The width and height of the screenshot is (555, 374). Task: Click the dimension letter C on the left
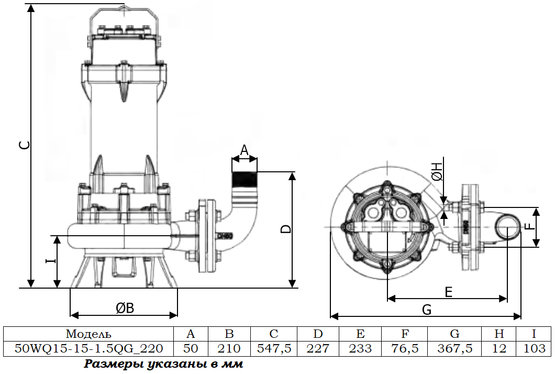(x=24, y=145)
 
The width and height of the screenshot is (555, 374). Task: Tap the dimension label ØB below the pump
(x=125, y=308)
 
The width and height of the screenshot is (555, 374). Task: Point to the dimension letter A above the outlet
(x=244, y=150)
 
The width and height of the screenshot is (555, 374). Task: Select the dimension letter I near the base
(x=51, y=261)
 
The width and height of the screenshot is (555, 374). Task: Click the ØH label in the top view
(x=438, y=172)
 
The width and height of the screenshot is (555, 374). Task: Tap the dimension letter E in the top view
(x=449, y=292)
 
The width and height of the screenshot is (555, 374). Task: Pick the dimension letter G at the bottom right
(x=427, y=310)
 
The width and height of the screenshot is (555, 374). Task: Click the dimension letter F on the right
(x=529, y=225)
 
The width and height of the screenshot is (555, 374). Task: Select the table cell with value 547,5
(x=274, y=348)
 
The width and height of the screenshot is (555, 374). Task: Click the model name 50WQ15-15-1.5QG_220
(x=89, y=348)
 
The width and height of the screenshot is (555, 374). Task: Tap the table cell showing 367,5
(x=454, y=348)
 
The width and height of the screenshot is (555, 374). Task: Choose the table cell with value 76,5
(x=405, y=348)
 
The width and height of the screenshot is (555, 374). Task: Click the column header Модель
(x=88, y=334)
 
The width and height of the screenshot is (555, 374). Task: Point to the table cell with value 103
(x=534, y=348)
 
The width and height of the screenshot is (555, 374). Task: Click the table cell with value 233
(x=360, y=348)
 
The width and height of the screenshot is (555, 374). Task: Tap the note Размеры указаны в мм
(x=163, y=364)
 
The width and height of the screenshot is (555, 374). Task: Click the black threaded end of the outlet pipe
(x=244, y=179)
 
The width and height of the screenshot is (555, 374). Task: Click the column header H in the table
(x=499, y=334)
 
